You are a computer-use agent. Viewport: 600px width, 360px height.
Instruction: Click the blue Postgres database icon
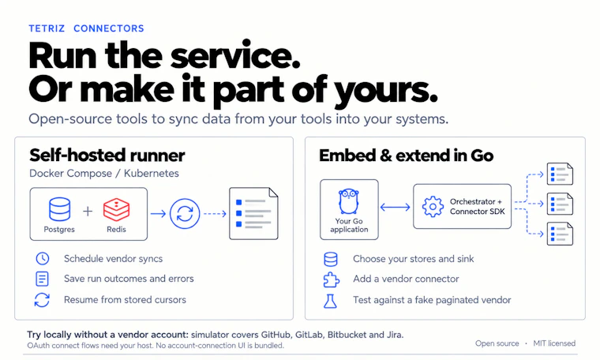60,209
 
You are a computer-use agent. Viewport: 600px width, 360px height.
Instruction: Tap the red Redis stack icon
116,209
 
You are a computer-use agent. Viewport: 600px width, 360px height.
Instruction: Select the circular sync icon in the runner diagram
185,213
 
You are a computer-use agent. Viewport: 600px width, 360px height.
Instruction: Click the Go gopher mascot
349,201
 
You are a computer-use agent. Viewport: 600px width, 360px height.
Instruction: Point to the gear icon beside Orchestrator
433,207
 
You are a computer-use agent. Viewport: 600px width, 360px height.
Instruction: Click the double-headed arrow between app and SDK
396,208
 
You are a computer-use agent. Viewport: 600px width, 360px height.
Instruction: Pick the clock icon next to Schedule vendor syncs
43,259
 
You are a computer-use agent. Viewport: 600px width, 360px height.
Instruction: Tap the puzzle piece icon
331,279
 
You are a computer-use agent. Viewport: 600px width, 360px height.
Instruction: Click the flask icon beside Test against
330,301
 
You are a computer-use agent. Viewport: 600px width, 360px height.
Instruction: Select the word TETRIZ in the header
47,28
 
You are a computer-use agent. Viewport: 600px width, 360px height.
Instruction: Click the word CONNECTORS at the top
109,28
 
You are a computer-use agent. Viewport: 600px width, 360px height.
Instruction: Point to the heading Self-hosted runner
107,156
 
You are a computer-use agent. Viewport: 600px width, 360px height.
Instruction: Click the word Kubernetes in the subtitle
151,174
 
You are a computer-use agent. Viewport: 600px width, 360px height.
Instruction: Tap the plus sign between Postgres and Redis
88,211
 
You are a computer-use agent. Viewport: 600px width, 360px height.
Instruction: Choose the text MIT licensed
554,343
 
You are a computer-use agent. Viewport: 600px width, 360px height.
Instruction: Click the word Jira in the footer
394,335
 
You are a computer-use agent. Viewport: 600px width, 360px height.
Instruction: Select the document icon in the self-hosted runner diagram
253,213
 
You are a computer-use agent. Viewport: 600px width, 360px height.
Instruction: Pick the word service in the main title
235,56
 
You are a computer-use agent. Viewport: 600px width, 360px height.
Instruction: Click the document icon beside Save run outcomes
42,279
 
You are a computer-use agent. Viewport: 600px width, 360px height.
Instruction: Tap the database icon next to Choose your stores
331,259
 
